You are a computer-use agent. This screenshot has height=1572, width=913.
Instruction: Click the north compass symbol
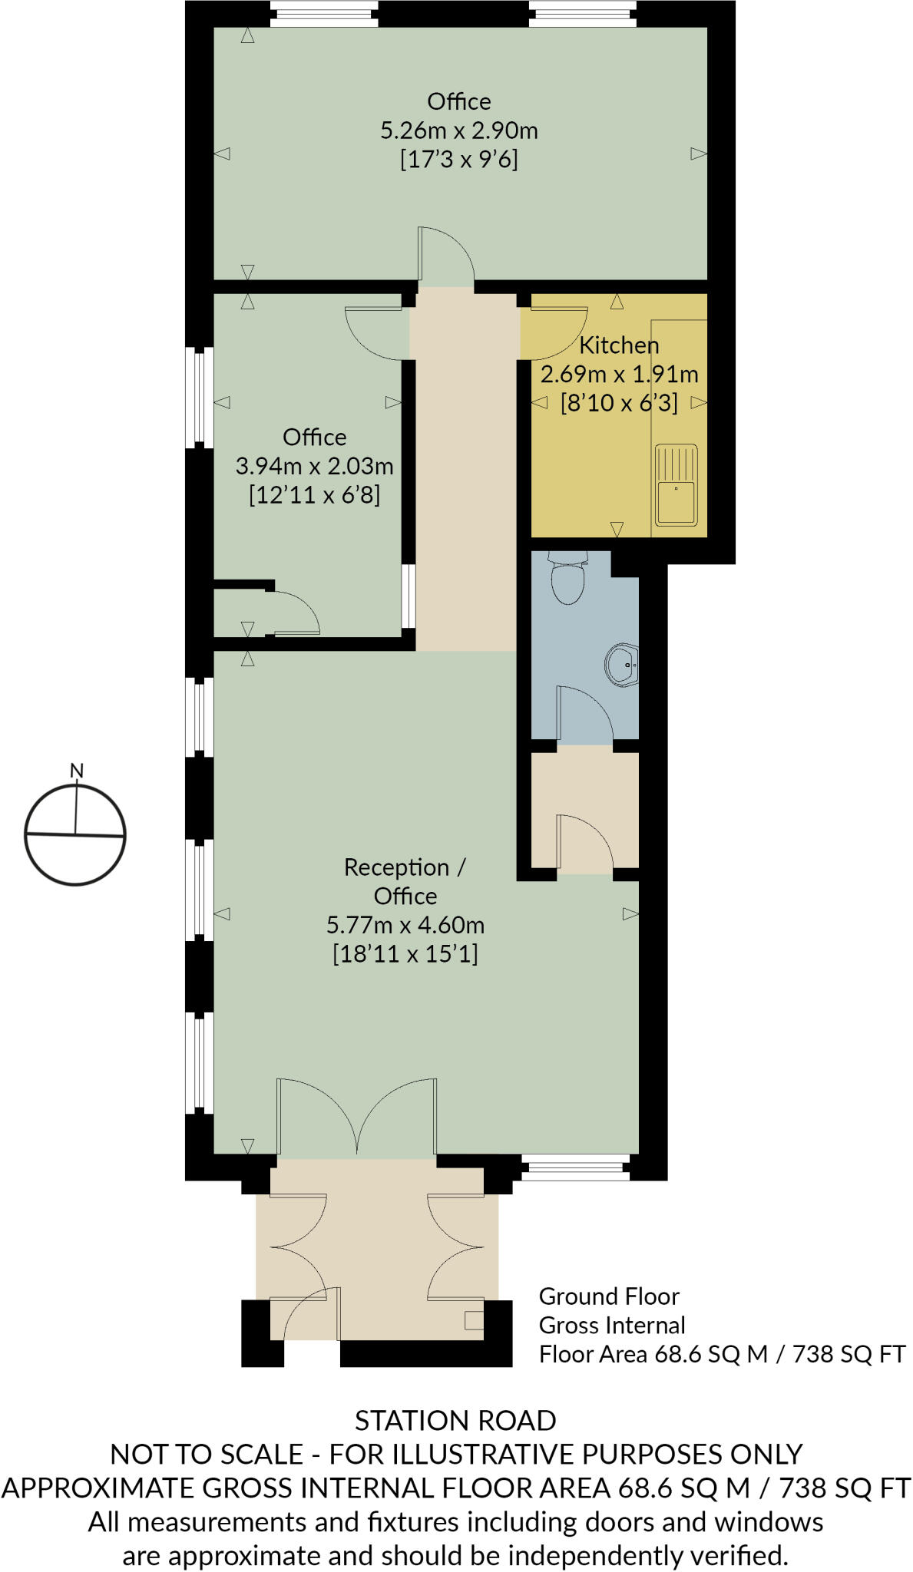click(75, 834)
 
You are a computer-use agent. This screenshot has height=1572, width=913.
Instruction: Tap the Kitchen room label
click(619, 345)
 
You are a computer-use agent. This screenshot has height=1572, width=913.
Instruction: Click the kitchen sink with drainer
click(676, 485)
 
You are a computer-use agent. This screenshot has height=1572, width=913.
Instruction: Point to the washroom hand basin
click(623, 664)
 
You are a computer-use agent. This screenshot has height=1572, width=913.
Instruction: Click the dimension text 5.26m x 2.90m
click(459, 130)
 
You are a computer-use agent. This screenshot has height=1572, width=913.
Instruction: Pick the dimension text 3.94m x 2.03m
click(314, 466)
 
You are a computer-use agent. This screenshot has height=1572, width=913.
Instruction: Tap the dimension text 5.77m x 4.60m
click(405, 925)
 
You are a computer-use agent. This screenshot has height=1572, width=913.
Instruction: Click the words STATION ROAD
click(455, 1421)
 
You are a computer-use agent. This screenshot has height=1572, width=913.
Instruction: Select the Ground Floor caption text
click(609, 1296)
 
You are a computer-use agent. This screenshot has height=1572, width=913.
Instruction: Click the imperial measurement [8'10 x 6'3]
click(619, 403)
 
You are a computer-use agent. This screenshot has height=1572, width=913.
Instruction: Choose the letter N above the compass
click(76, 771)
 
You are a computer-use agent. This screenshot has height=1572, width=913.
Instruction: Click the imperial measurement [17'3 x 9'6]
click(459, 160)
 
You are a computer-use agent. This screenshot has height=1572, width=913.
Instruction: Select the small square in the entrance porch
click(474, 1320)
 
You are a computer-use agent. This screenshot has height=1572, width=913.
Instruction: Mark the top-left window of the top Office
click(325, 13)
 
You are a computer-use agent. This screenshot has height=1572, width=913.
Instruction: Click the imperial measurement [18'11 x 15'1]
click(405, 954)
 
